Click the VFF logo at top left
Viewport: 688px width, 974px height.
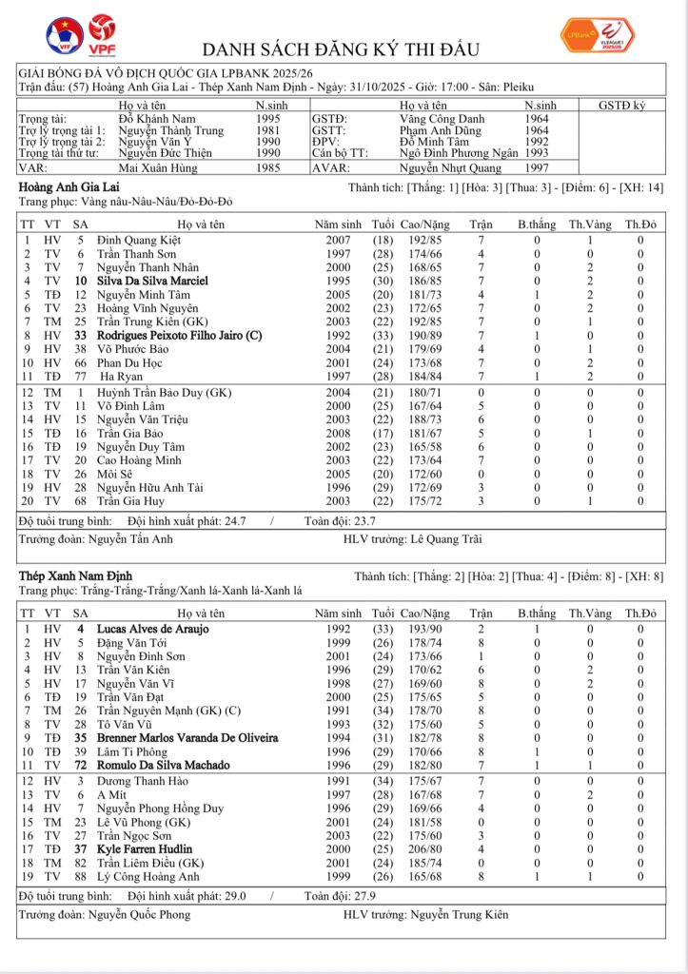pyautogui.click(x=65, y=33)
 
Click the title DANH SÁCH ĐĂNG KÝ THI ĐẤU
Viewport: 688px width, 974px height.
pyautogui.click(x=343, y=49)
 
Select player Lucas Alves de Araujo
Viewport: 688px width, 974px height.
pyautogui.click(x=153, y=629)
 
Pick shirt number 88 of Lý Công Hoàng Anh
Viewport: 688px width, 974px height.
pyautogui.click(x=81, y=876)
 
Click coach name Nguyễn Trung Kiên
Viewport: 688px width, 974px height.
pyautogui.click(x=460, y=915)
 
